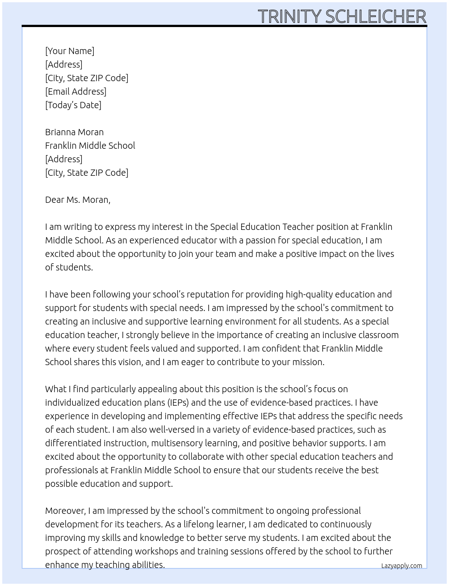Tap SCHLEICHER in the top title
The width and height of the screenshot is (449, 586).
point(376,17)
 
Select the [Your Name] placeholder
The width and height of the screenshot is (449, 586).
point(69,51)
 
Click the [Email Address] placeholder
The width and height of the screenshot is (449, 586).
point(76,92)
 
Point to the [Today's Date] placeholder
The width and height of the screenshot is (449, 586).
point(73,105)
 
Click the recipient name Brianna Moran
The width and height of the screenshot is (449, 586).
point(74,132)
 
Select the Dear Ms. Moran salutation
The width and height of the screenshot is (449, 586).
point(78,200)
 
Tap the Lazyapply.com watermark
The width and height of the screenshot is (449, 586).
point(402,566)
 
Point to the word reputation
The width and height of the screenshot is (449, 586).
point(207,294)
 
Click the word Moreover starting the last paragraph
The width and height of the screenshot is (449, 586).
point(65,511)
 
